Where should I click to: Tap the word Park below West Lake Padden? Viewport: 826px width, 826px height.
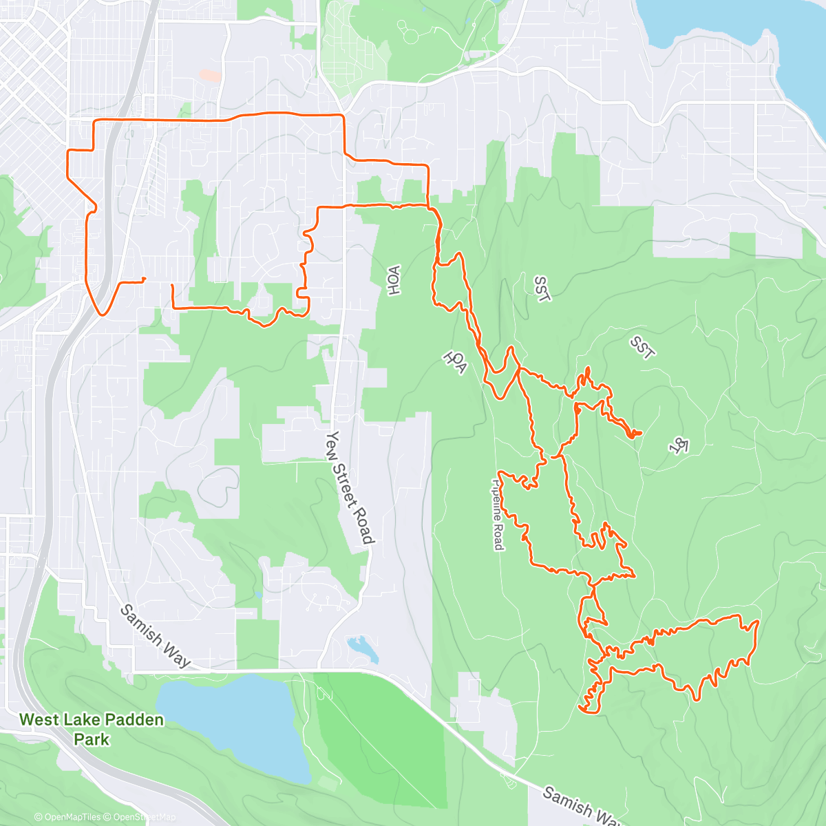(x=92, y=740)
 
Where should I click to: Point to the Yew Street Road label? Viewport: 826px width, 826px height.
(x=351, y=487)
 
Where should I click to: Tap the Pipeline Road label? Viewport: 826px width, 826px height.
(x=498, y=514)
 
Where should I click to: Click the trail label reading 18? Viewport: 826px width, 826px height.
(x=679, y=445)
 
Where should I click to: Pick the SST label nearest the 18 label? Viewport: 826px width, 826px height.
(x=642, y=348)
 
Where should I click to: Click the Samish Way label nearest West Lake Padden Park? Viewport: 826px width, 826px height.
(x=155, y=635)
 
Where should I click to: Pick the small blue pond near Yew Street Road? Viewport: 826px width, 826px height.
(x=361, y=647)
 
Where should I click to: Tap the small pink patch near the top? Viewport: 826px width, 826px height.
(x=211, y=76)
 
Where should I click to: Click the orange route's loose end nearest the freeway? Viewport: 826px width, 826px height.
(x=144, y=279)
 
